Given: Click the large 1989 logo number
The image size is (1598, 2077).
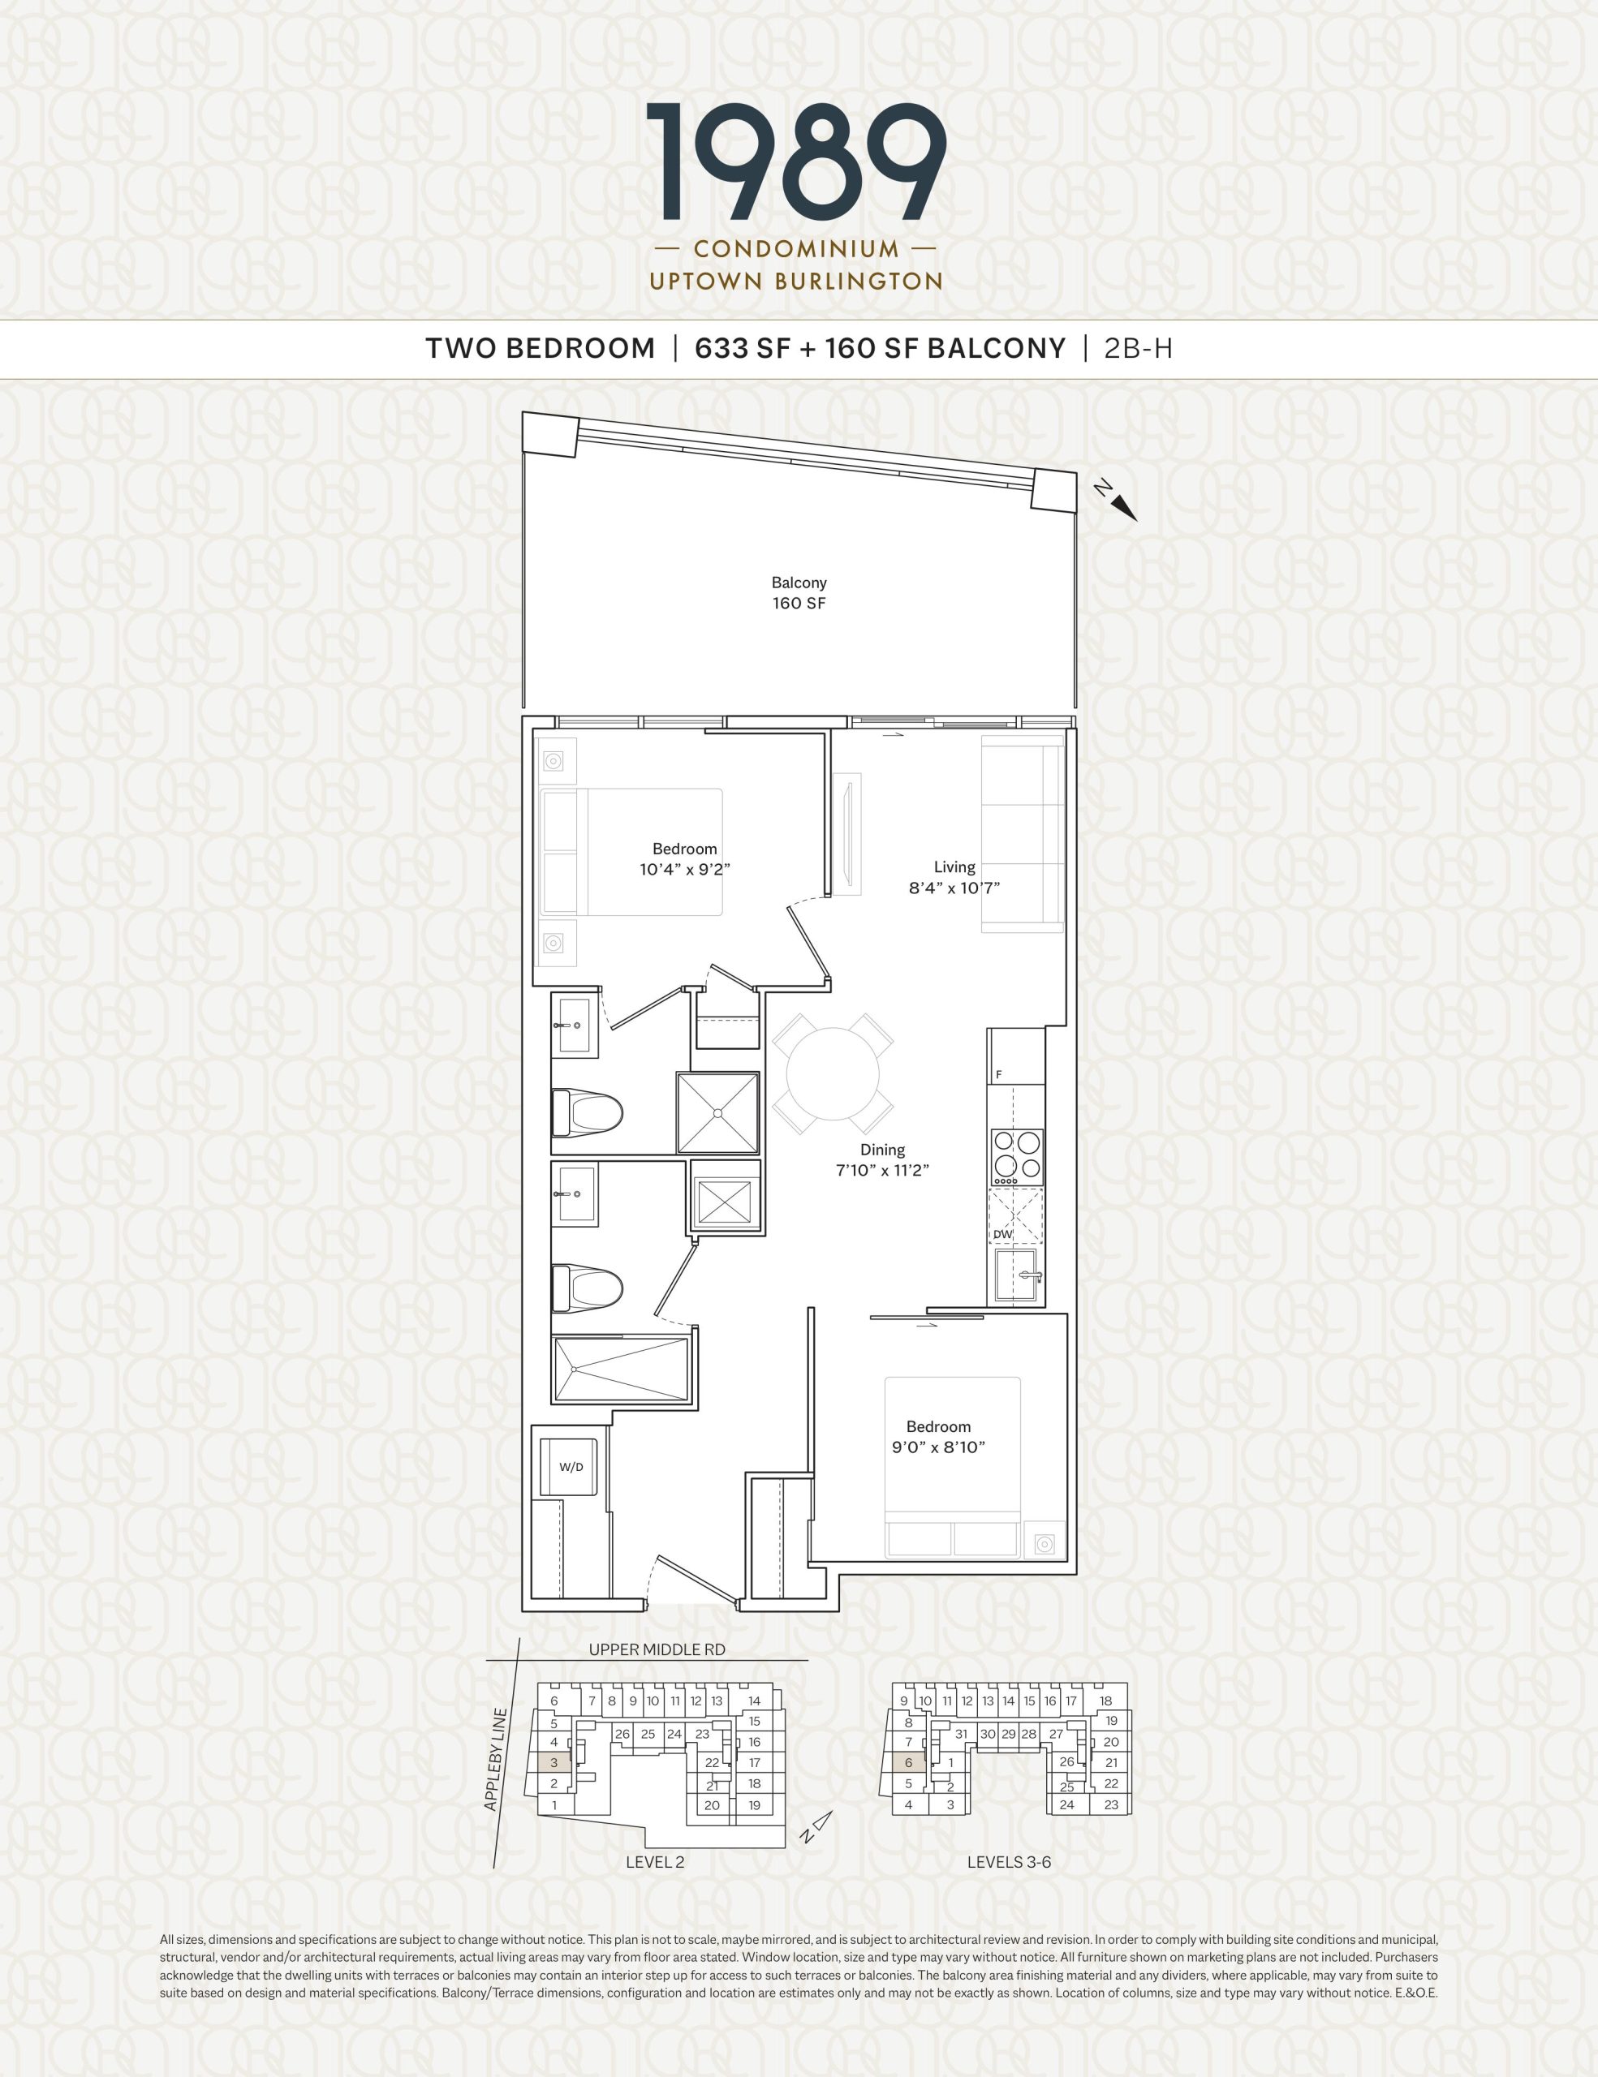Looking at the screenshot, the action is tap(796, 161).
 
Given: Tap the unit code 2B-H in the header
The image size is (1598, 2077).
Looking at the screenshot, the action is tap(1139, 349).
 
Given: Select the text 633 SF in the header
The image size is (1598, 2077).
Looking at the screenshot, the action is tap(743, 349).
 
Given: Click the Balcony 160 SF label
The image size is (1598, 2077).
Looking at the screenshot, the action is tap(799, 592).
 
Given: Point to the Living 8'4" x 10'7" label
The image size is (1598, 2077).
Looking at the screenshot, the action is tap(954, 878).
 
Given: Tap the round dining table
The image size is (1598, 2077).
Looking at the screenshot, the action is tap(833, 1072).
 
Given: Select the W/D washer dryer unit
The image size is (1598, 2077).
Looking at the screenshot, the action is tap(571, 1468).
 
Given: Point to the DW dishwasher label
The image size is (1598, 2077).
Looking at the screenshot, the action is tap(1002, 1234).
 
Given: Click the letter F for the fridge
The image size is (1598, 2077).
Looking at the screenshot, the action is tap(999, 1075).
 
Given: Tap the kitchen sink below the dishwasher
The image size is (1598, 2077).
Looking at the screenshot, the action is tap(1018, 1275).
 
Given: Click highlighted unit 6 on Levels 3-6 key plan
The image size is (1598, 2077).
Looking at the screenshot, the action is tap(908, 1762).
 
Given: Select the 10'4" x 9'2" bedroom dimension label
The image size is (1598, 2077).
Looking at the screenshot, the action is tap(685, 869).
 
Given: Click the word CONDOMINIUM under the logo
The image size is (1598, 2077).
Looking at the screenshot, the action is tap(796, 249).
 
